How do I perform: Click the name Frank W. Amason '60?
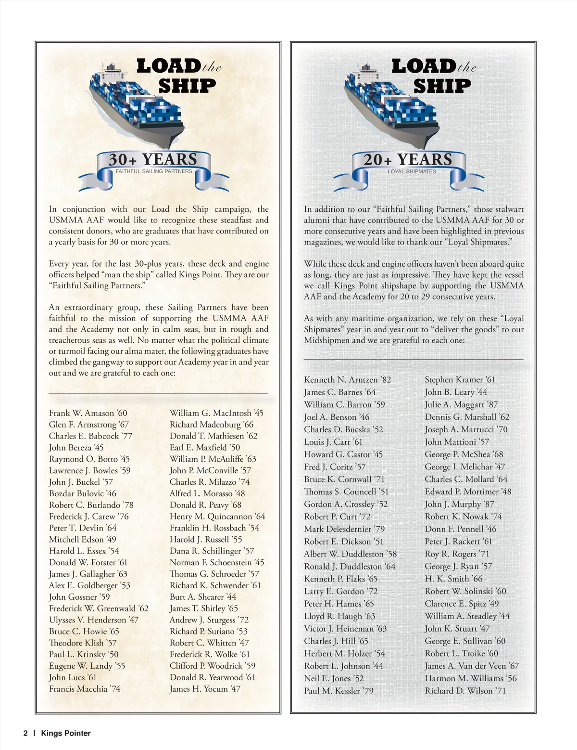pos(88,413)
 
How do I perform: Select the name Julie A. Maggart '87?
pos(461,405)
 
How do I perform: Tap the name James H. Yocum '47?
pos(204,689)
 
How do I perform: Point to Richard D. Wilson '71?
pos(465,691)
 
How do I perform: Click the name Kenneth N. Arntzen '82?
pos(347,380)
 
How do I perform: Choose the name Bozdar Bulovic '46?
pos(82,493)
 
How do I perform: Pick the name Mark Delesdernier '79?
pos(344,529)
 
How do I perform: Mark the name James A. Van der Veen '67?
pos(471,666)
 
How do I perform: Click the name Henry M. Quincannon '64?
pos(217,517)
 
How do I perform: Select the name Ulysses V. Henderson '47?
pos(93,620)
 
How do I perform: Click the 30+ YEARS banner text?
pos(152,159)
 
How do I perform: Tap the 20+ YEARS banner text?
pos(408,159)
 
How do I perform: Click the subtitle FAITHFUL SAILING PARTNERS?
pos(153,171)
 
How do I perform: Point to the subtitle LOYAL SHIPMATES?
pos(412,171)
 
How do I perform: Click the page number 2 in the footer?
pos(25,733)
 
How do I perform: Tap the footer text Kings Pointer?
pos(66,733)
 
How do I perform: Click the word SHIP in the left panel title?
pos(187,86)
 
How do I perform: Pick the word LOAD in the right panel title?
pos(423,66)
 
